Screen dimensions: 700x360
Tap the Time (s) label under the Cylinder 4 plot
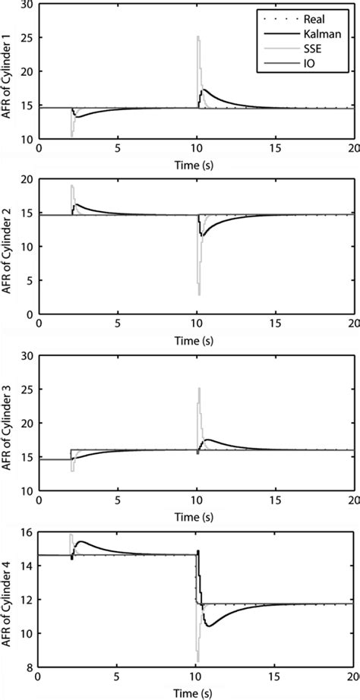(197, 692)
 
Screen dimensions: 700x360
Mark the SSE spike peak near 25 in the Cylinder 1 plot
(197, 36)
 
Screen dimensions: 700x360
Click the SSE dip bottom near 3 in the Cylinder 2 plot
(199, 294)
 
